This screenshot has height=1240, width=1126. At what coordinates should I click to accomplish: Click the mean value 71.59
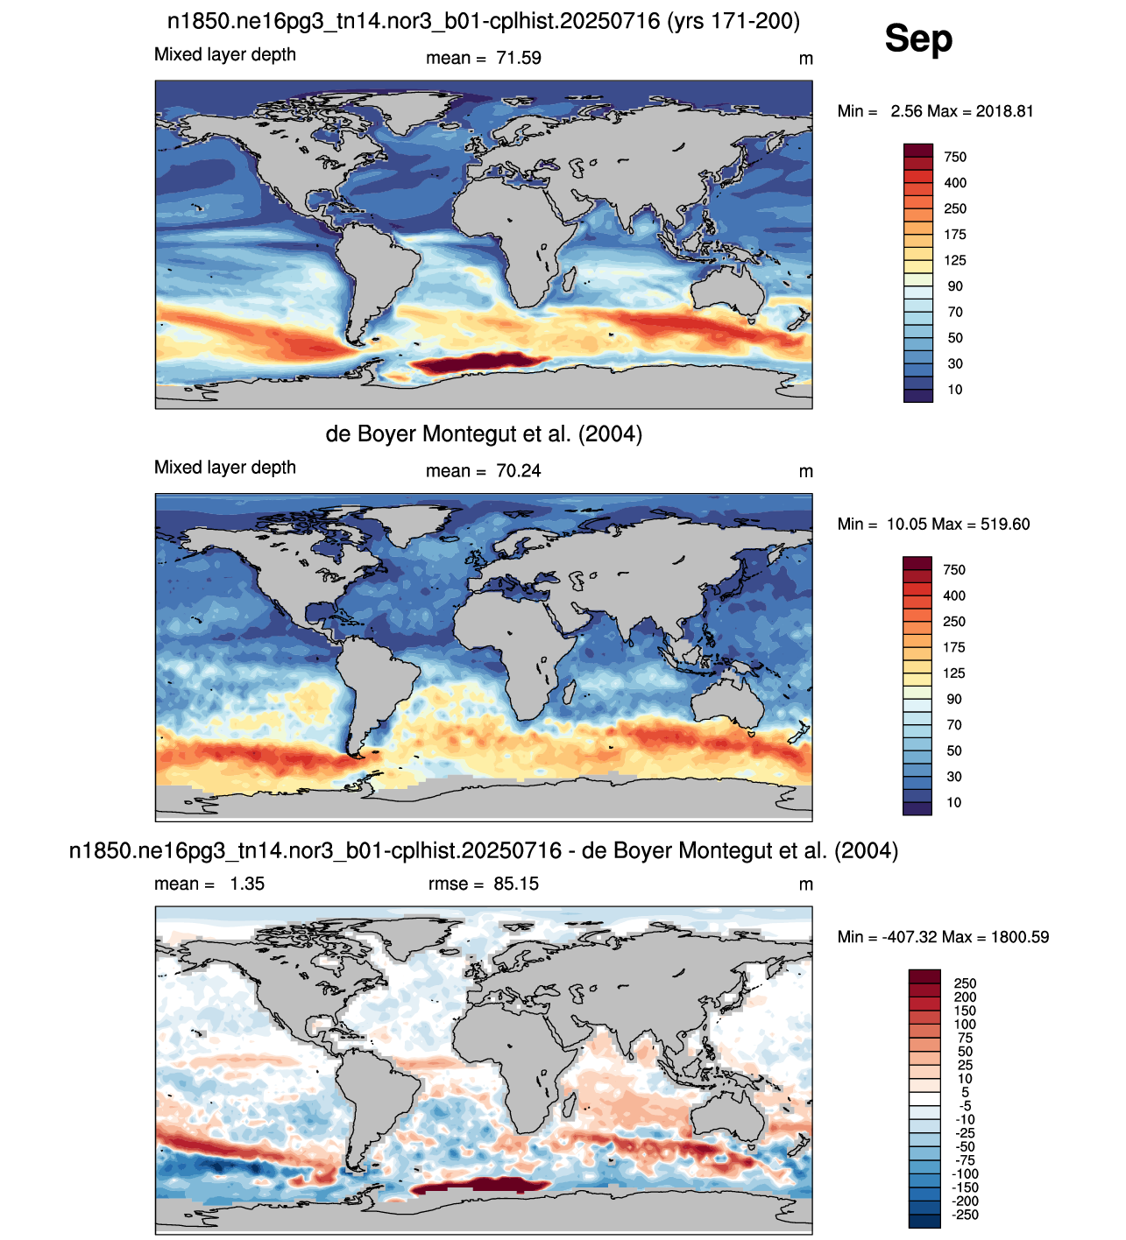point(519,58)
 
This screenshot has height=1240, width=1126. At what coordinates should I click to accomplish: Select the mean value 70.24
point(519,471)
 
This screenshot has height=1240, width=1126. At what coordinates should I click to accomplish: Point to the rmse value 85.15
point(516,884)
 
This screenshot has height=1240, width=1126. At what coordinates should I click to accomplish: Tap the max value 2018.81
point(1005,111)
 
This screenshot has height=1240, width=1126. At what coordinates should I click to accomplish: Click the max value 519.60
point(1002,525)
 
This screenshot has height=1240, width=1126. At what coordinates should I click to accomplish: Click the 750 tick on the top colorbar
point(955,157)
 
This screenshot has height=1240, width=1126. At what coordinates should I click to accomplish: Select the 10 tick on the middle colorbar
point(954,802)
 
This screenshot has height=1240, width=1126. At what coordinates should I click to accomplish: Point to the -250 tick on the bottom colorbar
point(965,1215)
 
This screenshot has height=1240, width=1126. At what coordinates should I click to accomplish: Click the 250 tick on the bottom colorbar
point(965,983)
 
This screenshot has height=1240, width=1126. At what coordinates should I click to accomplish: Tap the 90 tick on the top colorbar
point(955,286)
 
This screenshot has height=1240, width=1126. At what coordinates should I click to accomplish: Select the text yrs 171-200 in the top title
point(733,22)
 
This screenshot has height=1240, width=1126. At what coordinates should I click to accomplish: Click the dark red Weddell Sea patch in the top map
point(479,363)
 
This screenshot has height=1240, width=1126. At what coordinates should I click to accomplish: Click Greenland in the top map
point(408,105)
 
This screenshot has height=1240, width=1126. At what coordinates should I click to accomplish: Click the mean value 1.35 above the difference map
point(247,884)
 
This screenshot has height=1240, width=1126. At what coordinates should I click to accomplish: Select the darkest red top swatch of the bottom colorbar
point(924,976)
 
